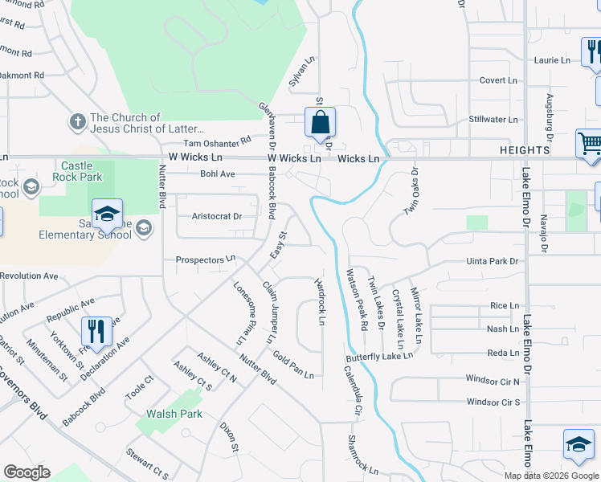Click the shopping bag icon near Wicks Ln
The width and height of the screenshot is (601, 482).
(x=320, y=123)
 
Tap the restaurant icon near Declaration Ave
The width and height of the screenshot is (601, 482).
(x=95, y=331)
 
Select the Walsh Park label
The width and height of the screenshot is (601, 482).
(x=174, y=415)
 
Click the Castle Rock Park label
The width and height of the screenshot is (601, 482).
(x=77, y=170)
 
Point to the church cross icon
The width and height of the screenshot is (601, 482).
(x=77, y=122)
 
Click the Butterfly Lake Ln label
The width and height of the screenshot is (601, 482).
(x=379, y=356)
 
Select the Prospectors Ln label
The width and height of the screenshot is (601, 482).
(x=205, y=259)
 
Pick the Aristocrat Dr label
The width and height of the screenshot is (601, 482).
(x=217, y=216)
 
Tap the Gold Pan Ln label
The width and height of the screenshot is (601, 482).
(x=292, y=364)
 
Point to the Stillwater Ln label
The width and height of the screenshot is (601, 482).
(x=493, y=120)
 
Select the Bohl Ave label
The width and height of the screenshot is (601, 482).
(x=217, y=174)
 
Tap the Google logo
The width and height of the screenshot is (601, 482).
(x=27, y=472)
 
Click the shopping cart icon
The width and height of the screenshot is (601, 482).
(x=590, y=145)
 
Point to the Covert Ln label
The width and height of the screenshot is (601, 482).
(x=498, y=80)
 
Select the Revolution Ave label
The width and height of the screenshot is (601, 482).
(x=29, y=276)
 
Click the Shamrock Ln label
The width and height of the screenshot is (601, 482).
(x=362, y=453)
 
